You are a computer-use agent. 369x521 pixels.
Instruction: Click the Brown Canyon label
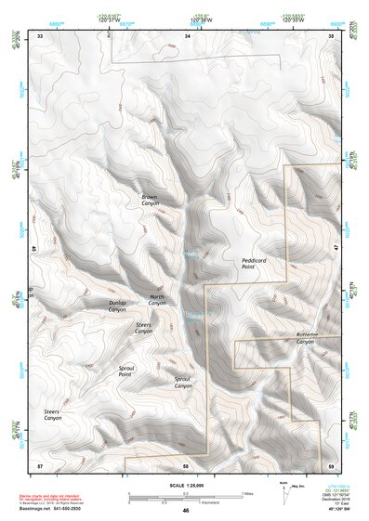(x=150, y=200)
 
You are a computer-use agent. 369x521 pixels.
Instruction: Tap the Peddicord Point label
(x=255, y=264)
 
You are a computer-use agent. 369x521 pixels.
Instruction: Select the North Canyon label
(x=158, y=300)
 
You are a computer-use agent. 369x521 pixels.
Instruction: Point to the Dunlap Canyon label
(x=117, y=306)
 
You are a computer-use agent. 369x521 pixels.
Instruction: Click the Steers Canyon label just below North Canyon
(x=143, y=328)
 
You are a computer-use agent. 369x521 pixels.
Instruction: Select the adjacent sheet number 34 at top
(x=187, y=35)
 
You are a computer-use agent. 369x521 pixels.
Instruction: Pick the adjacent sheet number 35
(x=331, y=35)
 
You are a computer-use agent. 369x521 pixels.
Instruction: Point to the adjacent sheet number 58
(x=186, y=464)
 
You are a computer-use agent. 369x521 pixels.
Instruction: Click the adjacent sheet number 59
(x=331, y=464)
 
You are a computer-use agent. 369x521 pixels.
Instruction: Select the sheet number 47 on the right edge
(x=335, y=250)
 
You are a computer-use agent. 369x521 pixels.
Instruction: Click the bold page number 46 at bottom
(x=186, y=511)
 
